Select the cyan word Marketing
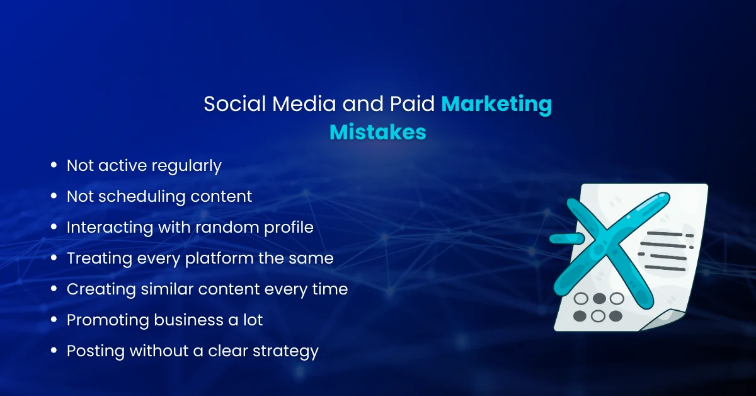496,104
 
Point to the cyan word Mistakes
378,132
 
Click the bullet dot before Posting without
54,351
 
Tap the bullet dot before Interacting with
54,228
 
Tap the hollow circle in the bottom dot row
598,315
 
